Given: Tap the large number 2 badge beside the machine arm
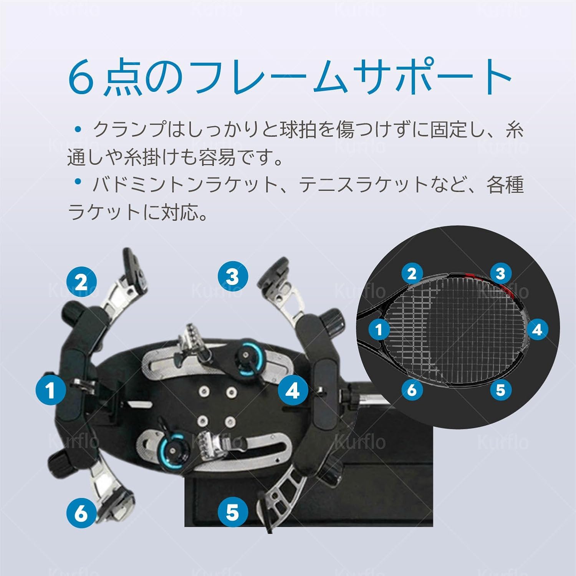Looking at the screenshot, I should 82,283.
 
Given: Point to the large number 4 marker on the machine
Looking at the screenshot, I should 293,391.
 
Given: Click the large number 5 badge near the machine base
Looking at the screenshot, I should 233,512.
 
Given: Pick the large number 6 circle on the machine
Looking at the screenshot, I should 82,513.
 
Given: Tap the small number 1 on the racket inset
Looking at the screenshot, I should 379,329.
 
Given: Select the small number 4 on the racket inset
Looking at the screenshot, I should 537,329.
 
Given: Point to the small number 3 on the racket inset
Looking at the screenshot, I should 500,273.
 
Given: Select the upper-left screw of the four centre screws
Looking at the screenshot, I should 202,392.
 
